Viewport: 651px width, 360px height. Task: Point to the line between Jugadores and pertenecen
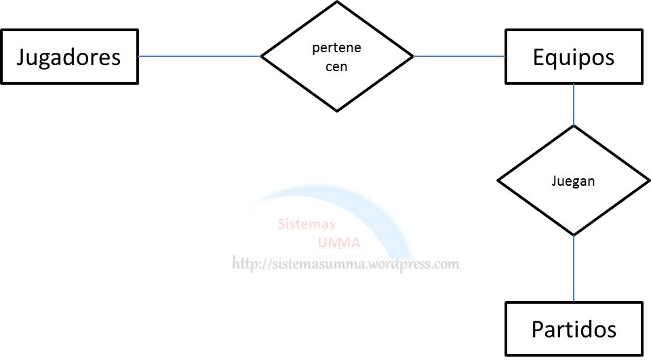(x=200, y=56)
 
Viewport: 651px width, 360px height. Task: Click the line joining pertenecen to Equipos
(x=459, y=56)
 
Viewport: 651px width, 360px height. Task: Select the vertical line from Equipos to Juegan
(x=574, y=104)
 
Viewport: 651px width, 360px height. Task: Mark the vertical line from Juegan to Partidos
(x=574, y=268)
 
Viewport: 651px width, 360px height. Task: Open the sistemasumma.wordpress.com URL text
(x=347, y=264)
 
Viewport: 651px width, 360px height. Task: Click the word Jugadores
(x=68, y=56)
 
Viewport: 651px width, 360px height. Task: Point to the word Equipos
(x=573, y=57)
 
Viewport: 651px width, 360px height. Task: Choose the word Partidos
(x=574, y=329)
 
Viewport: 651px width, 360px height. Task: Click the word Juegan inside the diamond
(x=574, y=181)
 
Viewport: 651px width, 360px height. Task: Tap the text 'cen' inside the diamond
(x=336, y=66)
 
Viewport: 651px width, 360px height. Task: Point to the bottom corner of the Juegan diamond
(x=574, y=235)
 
